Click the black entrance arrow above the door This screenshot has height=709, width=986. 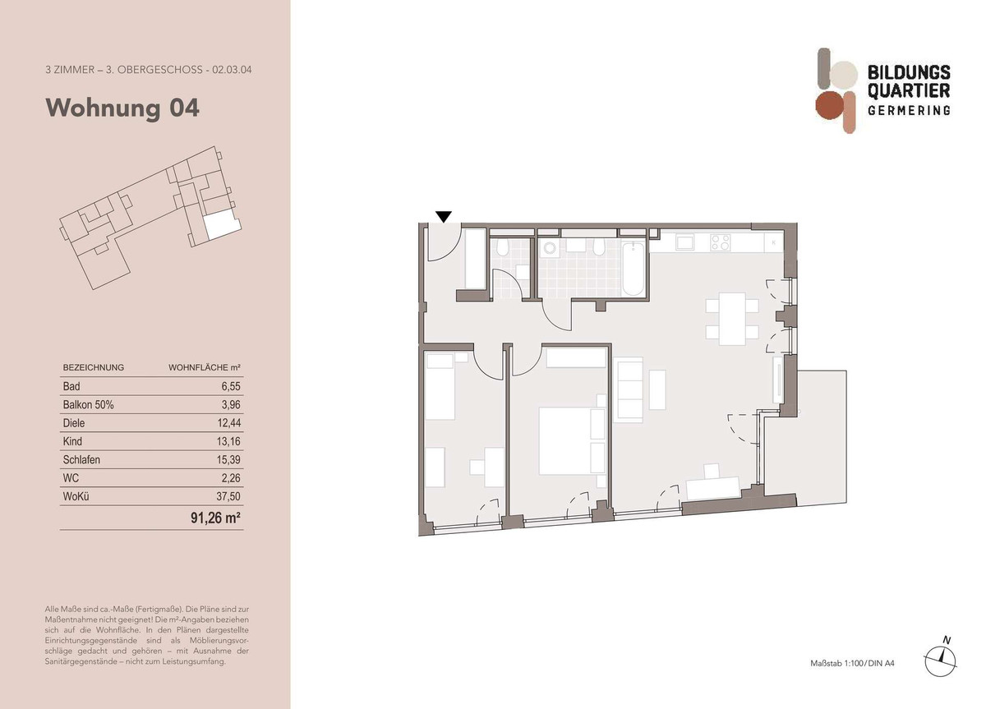(443, 217)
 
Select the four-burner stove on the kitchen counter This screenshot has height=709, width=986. (720, 242)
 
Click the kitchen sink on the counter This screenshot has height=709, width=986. (685, 242)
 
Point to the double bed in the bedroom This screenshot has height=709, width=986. (572, 441)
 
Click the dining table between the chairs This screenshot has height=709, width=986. (732, 319)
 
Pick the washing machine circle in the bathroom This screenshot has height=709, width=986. (550, 248)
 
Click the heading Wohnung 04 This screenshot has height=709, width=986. (122, 108)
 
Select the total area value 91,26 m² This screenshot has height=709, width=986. (215, 518)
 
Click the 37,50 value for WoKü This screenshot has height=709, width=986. (228, 496)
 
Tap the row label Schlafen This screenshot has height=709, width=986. (81, 460)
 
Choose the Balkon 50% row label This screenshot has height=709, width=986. (88, 405)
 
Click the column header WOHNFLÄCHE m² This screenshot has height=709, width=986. (205, 367)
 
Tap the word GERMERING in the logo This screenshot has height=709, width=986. (909, 110)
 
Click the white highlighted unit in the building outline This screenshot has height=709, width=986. (223, 225)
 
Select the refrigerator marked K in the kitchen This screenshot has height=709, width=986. (773, 242)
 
